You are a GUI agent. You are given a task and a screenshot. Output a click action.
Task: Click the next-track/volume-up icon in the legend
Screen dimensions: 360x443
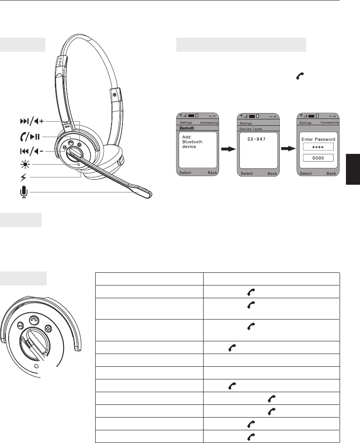(32, 122)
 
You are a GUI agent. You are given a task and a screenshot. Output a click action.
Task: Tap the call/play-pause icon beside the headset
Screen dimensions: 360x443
(30, 137)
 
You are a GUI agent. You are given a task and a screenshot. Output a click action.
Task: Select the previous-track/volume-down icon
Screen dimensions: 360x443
(32, 152)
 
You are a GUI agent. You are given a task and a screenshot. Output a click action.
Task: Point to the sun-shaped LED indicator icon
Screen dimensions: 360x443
(24, 164)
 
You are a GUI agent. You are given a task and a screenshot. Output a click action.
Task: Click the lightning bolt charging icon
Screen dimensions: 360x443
(24, 177)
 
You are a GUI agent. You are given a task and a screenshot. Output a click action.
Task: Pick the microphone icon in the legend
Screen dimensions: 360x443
(24, 192)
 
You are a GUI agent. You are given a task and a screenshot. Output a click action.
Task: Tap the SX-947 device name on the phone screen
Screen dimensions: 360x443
(257, 139)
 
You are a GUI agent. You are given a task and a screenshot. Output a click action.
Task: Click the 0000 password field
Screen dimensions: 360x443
(318, 158)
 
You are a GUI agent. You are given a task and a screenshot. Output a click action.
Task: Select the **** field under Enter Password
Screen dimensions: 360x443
(318, 147)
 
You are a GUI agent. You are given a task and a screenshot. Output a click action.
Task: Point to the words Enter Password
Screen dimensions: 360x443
(318, 139)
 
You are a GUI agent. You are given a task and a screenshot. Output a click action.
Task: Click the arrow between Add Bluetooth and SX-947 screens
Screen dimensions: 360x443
(228, 149)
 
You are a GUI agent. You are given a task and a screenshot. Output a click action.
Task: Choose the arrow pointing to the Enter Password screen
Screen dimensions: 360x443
(288, 148)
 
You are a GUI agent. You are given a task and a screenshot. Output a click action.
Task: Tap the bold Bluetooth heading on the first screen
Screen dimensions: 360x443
(187, 128)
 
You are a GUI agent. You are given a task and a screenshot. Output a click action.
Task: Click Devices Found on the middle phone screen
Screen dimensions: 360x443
(251, 129)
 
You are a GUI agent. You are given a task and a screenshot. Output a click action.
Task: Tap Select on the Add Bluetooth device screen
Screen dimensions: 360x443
(185, 172)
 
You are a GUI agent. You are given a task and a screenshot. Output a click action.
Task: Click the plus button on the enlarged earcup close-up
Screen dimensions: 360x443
(48, 329)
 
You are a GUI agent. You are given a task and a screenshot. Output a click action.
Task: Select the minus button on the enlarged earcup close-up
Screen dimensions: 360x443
(20, 325)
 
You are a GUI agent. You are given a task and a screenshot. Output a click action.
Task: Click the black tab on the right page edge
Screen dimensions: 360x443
(353, 169)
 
